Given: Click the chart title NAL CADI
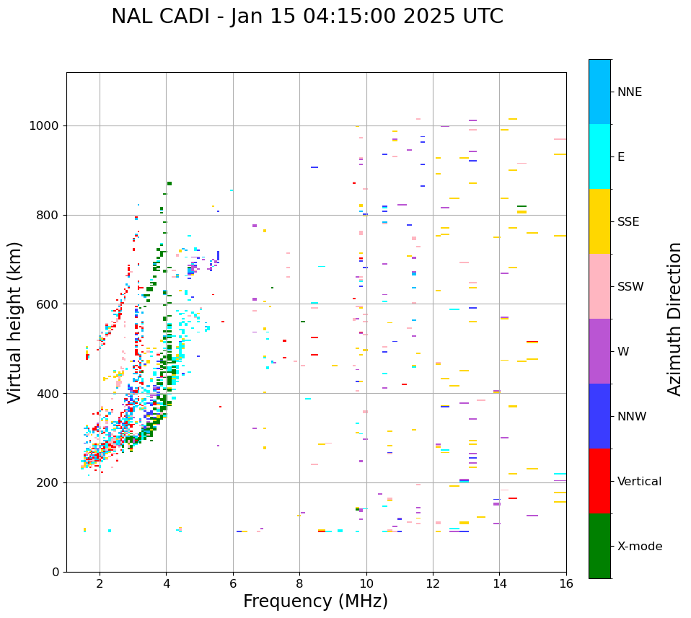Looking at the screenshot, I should (x=307, y=17).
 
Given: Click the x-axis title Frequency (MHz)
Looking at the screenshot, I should (x=315, y=601).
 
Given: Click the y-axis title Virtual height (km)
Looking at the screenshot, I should (x=15, y=322).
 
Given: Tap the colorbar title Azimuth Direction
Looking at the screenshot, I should (x=674, y=319).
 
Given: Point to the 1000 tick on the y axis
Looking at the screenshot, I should (x=46, y=126).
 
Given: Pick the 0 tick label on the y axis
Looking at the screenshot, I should (x=56, y=572).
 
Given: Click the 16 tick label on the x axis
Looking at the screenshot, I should (x=566, y=583).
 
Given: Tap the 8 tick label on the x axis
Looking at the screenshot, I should (x=299, y=583).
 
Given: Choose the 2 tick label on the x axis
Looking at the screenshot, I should (x=100, y=583).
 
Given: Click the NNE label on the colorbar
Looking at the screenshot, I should (x=629, y=92).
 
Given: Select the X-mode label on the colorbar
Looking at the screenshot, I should (x=639, y=547).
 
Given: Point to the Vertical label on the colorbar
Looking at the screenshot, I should (x=639, y=482).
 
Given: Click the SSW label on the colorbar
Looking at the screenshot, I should (x=630, y=287).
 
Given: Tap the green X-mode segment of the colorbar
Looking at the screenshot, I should (x=599, y=546).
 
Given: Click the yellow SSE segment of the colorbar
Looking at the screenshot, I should (x=599, y=221).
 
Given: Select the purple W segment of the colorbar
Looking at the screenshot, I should (x=599, y=351).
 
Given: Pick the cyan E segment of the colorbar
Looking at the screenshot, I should (x=599, y=156).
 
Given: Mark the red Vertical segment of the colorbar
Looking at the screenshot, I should (x=599, y=481).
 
